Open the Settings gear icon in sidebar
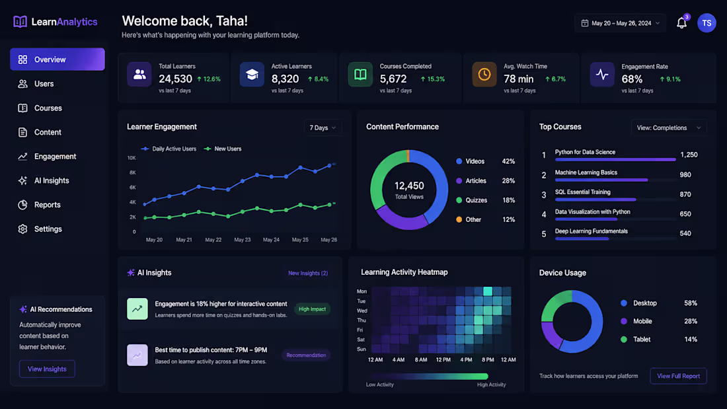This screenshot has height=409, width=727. pyautogui.click(x=22, y=229)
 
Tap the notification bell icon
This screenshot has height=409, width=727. pyautogui.click(x=681, y=22)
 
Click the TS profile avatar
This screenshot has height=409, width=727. pyautogui.click(x=707, y=22)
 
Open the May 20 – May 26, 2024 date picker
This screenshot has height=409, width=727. pyautogui.click(x=620, y=23)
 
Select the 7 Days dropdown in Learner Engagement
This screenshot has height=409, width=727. pyautogui.click(x=323, y=128)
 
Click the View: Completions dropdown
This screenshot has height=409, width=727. pyautogui.click(x=669, y=128)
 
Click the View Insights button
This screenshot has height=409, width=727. pyautogui.click(x=47, y=369)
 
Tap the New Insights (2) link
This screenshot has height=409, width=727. pyautogui.click(x=308, y=273)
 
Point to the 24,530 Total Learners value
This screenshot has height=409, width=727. pyautogui.click(x=175, y=79)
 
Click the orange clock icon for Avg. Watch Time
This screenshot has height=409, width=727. pyautogui.click(x=484, y=75)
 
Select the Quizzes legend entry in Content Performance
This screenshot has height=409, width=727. pyautogui.click(x=471, y=200)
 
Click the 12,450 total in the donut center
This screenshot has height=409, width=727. pyautogui.click(x=409, y=186)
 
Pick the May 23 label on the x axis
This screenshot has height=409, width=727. pyautogui.click(x=242, y=240)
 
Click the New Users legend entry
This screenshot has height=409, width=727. pyautogui.click(x=223, y=149)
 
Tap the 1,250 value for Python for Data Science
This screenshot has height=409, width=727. pyautogui.click(x=689, y=155)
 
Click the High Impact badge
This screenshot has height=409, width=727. pyautogui.click(x=312, y=309)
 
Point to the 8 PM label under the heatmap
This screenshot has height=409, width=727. pyautogui.click(x=488, y=360)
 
